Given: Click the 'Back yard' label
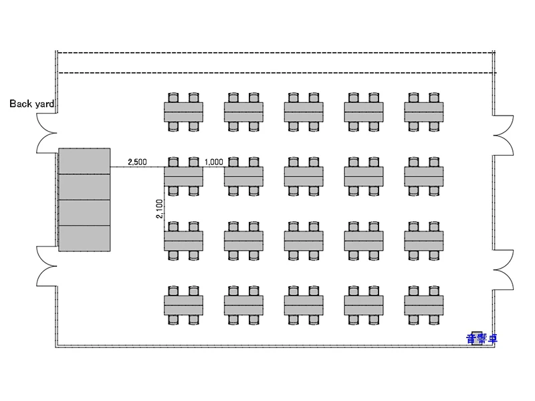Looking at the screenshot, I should [31, 104].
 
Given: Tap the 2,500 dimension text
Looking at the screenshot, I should [138, 162].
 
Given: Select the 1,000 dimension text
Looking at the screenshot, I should [213, 162].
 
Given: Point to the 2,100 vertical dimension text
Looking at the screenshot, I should [159, 209].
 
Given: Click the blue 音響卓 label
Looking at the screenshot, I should [481, 339].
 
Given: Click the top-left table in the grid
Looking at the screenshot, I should [183, 112].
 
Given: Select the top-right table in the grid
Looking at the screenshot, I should [424, 112].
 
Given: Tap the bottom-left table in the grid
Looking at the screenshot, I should [183, 305].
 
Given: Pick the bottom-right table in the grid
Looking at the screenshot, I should [424, 305].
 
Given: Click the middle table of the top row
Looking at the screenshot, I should [304, 112].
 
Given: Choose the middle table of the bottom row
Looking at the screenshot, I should [304, 305].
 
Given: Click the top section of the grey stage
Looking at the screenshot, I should [84, 161].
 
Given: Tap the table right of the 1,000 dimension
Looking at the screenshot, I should [243, 176].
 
